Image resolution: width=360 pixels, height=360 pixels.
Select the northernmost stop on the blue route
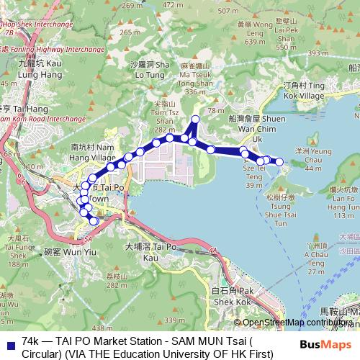(x=194, y=119)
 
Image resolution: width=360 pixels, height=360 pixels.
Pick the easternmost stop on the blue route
(x=279, y=162)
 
